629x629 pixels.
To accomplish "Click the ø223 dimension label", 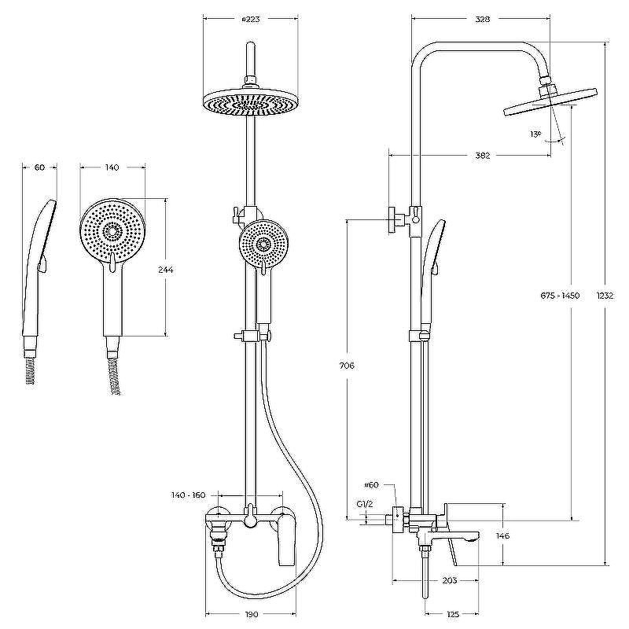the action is click(x=251, y=19).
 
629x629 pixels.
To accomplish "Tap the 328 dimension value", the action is click(x=483, y=19).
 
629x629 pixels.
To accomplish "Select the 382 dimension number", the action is click(x=483, y=155).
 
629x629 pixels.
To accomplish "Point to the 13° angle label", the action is click(x=535, y=134).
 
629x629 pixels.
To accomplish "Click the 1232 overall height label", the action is click(x=605, y=296).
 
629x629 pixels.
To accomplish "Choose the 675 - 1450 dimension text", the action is click(x=560, y=296).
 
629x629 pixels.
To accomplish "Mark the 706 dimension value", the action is click(x=347, y=366).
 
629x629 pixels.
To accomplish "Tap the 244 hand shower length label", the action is click(x=166, y=270).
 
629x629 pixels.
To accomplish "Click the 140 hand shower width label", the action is click(x=112, y=167).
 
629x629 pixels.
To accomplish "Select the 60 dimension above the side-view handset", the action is click(x=39, y=167).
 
